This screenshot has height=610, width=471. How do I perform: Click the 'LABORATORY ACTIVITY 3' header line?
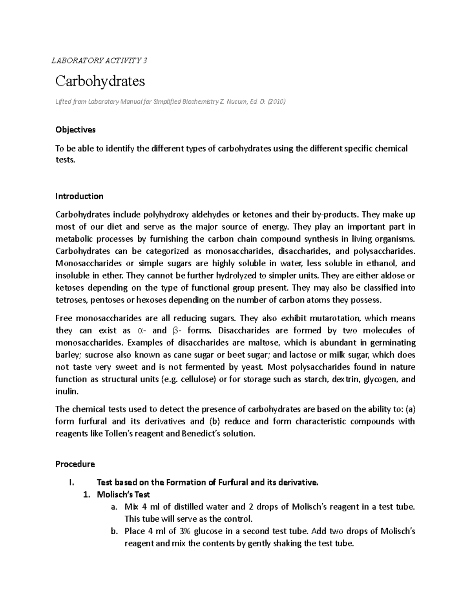[x=100, y=60]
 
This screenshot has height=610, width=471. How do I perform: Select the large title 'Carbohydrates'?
[x=100, y=81]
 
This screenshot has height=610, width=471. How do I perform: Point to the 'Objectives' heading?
[x=75, y=130]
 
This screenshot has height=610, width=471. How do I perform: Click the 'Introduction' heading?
[x=79, y=196]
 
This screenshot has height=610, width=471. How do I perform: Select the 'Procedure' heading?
[x=75, y=464]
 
